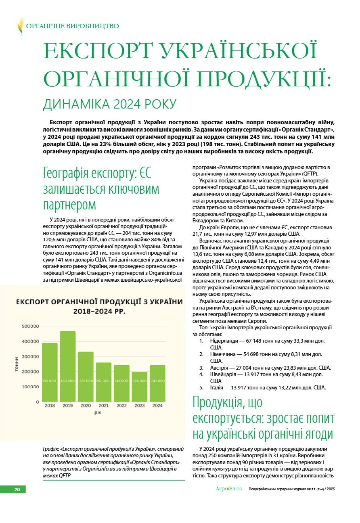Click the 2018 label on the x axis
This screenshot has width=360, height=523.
(50, 405)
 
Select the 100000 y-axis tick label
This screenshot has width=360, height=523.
(30, 387)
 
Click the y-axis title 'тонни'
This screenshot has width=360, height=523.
(17, 365)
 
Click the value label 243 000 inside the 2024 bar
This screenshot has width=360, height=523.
(158, 381)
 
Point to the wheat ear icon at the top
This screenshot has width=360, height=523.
(20, 26)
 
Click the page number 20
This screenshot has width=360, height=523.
(17, 490)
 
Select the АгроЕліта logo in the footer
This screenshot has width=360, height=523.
(228, 489)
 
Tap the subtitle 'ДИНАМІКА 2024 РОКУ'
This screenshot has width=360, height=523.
(110, 104)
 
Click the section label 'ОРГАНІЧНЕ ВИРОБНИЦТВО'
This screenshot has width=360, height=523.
(73, 26)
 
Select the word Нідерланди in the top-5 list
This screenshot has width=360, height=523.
(223, 341)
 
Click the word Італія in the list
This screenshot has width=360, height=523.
(218, 388)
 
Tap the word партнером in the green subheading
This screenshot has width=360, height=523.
(70, 204)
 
